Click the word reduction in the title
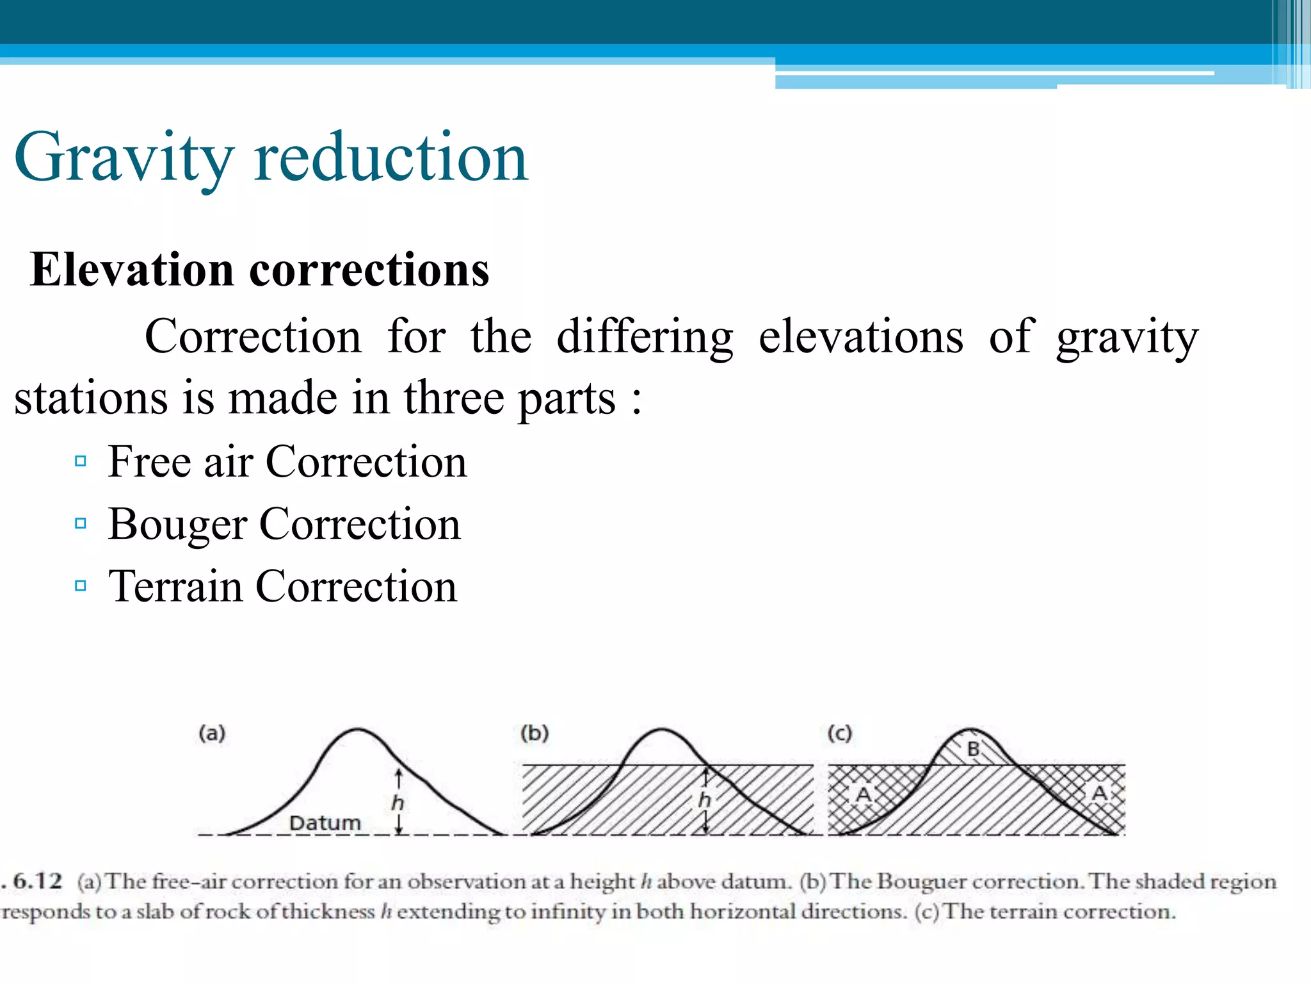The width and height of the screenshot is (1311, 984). pos(390,158)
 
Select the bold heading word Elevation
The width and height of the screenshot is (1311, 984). pos(132,270)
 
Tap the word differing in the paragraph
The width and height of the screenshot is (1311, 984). pos(645,338)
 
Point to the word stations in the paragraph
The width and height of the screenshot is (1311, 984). pos(90,398)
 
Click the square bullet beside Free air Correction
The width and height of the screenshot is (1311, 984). pos(81,461)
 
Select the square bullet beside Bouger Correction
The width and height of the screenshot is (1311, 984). pos(81,523)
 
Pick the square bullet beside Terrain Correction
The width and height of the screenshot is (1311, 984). pos(81,586)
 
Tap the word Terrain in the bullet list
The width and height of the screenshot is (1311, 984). pos(175,586)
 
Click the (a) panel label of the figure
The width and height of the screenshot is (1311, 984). pos(212,734)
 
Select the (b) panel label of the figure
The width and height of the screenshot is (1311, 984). pos(535,734)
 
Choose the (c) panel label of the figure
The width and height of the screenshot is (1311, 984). pos(839,734)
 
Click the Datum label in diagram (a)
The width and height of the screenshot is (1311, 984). pos(325,823)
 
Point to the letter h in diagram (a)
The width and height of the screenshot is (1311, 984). pos(398,802)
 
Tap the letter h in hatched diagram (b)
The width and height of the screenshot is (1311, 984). pos(704,799)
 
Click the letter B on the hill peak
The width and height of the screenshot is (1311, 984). pos(974,749)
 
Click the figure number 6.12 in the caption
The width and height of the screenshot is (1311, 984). pos(38,881)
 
